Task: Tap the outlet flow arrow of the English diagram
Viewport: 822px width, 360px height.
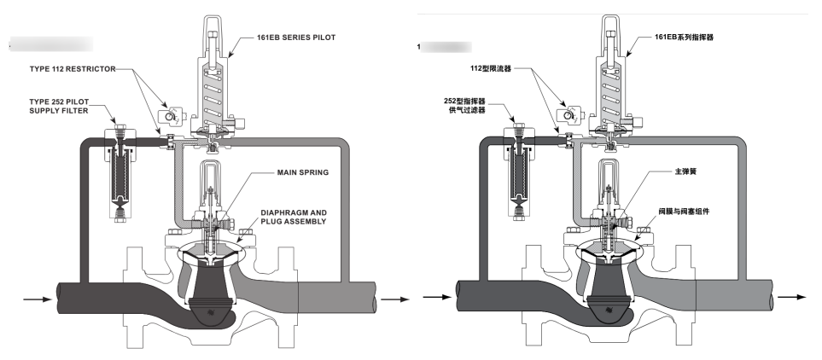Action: coord(394,299)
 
